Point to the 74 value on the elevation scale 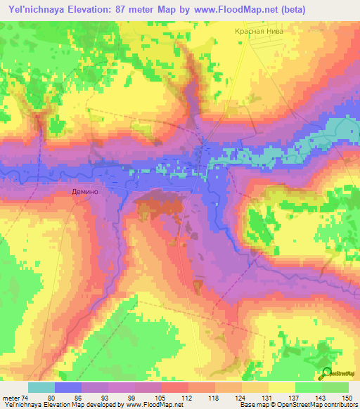pyautogui.click(x=25, y=397)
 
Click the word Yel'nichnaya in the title pyautogui.click(x=31, y=11)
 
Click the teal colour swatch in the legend pyautogui.click(x=41, y=387)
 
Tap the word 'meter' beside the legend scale pyautogui.click(x=11, y=397)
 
